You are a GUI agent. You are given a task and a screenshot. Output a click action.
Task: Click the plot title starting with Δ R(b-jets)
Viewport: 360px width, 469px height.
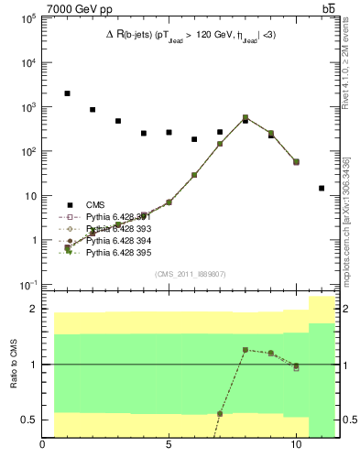(x=191, y=36)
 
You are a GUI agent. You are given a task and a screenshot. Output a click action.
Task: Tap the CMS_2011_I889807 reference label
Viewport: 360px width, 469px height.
(x=191, y=273)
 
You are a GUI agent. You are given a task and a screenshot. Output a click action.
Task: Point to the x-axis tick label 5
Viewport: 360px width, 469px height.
(x=169, y=448)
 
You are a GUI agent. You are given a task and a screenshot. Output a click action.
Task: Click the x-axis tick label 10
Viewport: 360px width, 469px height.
(x=296, y=448)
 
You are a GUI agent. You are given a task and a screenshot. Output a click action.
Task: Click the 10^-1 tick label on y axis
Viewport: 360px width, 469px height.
(x=28, y=285)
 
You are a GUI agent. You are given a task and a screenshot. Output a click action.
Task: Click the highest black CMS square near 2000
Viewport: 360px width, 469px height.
(x=68, y=93)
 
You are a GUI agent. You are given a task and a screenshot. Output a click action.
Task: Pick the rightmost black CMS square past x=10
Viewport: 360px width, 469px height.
(x=322, y=188)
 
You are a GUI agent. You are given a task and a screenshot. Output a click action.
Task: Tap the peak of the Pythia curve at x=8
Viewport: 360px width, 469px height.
(x=245, y=117)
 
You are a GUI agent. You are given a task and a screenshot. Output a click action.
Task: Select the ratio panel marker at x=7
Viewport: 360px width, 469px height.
(x=220, y=413)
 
